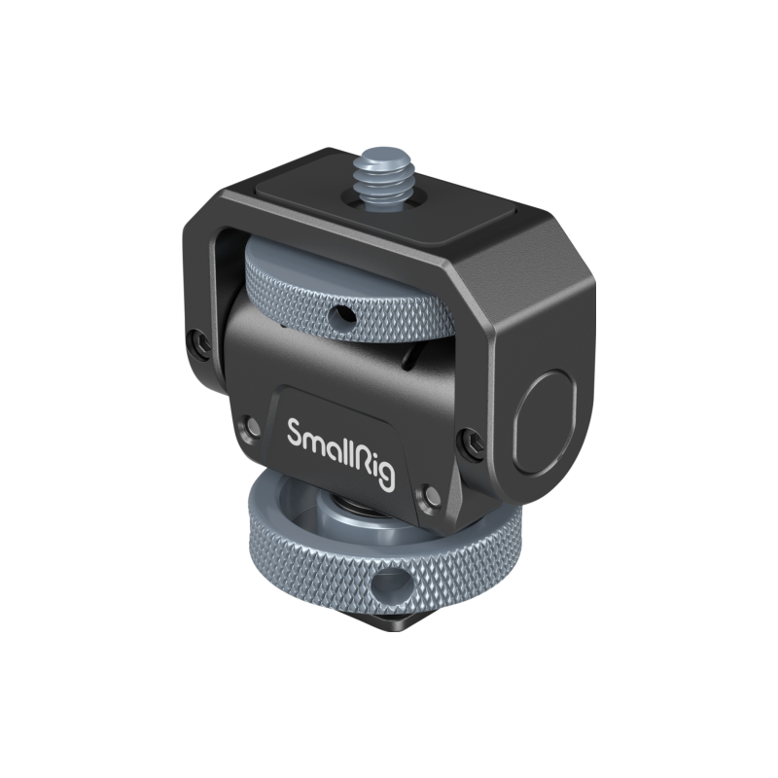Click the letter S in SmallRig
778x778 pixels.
click(x=296, y=433)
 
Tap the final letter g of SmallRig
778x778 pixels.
click(x=386, y=477)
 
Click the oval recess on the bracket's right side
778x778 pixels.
click(x=545, y=423)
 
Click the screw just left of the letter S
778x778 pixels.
click(x=251, y=426)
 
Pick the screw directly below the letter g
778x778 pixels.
click(x=430, y=497)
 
